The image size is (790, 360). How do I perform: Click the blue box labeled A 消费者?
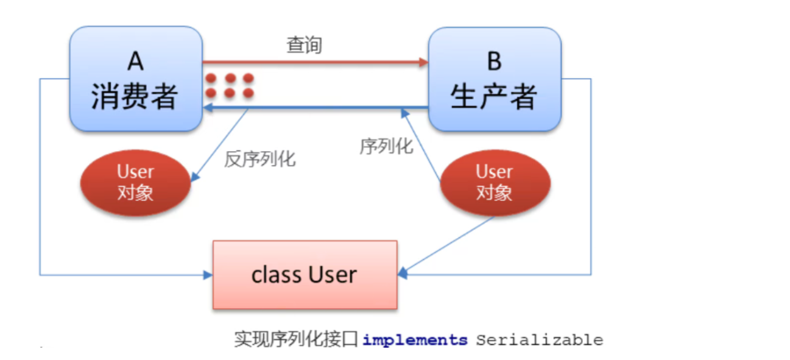coord(135,79)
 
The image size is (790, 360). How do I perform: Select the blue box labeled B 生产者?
coord(494,79)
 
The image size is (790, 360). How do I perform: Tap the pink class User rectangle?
coord(305,275)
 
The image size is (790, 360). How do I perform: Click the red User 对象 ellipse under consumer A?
coord(135,183)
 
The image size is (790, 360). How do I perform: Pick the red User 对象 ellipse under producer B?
coord(494,183)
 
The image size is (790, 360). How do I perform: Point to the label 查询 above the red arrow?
coord(304,46)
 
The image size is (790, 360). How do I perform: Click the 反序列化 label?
coord(260,160)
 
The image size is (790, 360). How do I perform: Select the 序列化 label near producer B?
coord(386,146)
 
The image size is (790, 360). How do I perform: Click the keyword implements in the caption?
coord(415,340)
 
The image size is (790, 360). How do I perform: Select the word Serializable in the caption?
coord(539,340)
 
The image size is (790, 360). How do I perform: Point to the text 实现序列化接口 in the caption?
coord(297,340)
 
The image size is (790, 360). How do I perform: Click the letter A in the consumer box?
coord(135,61)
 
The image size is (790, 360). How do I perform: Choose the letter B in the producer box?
coord(494,61)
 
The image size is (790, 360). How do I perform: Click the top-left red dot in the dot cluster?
coord(211,79)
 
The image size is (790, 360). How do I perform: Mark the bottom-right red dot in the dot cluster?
coord(248,93)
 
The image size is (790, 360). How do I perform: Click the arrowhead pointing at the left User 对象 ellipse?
coord(194,178)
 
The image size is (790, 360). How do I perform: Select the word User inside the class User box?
coord(332,275)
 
